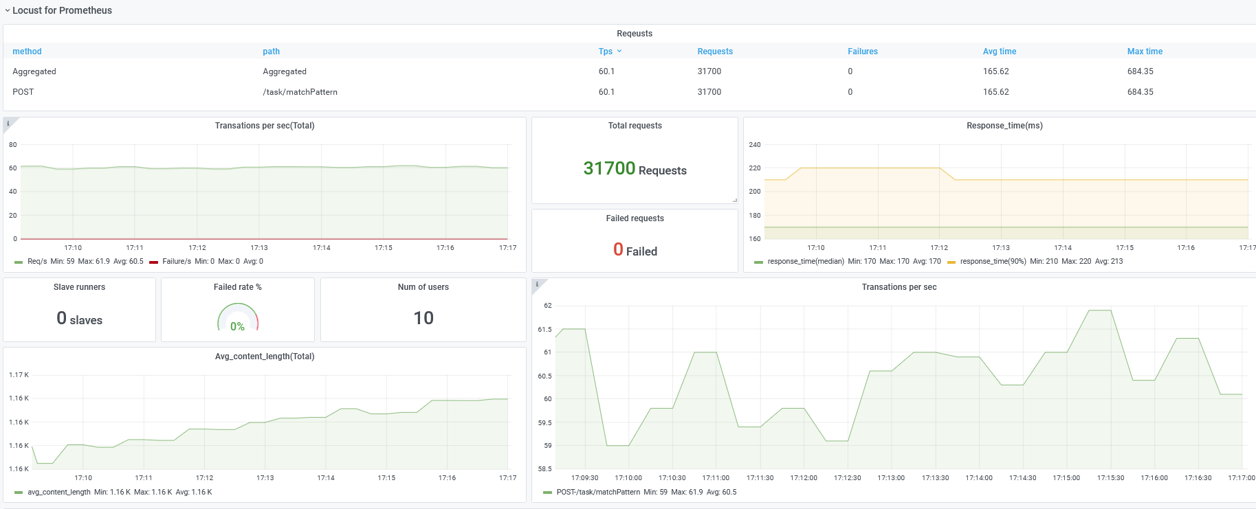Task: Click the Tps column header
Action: click(605, 52)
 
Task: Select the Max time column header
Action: click(1145, 52)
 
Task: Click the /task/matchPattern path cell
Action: click(300, 92)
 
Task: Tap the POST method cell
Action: click(23, 92)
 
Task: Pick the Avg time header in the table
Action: click(999, 52)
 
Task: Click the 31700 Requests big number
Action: click(635, 168)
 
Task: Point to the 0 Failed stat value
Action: click(635, 250)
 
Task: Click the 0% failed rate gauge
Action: click(238, 318)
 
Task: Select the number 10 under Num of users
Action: click(423, 318)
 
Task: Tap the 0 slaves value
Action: click(79, 318)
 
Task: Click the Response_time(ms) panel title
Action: click(1004, 126)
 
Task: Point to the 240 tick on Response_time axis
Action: click(755, 145)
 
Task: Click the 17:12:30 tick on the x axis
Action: click(847, 478)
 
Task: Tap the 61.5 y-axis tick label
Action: click(544, 330)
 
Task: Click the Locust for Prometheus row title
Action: click(62, 10)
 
